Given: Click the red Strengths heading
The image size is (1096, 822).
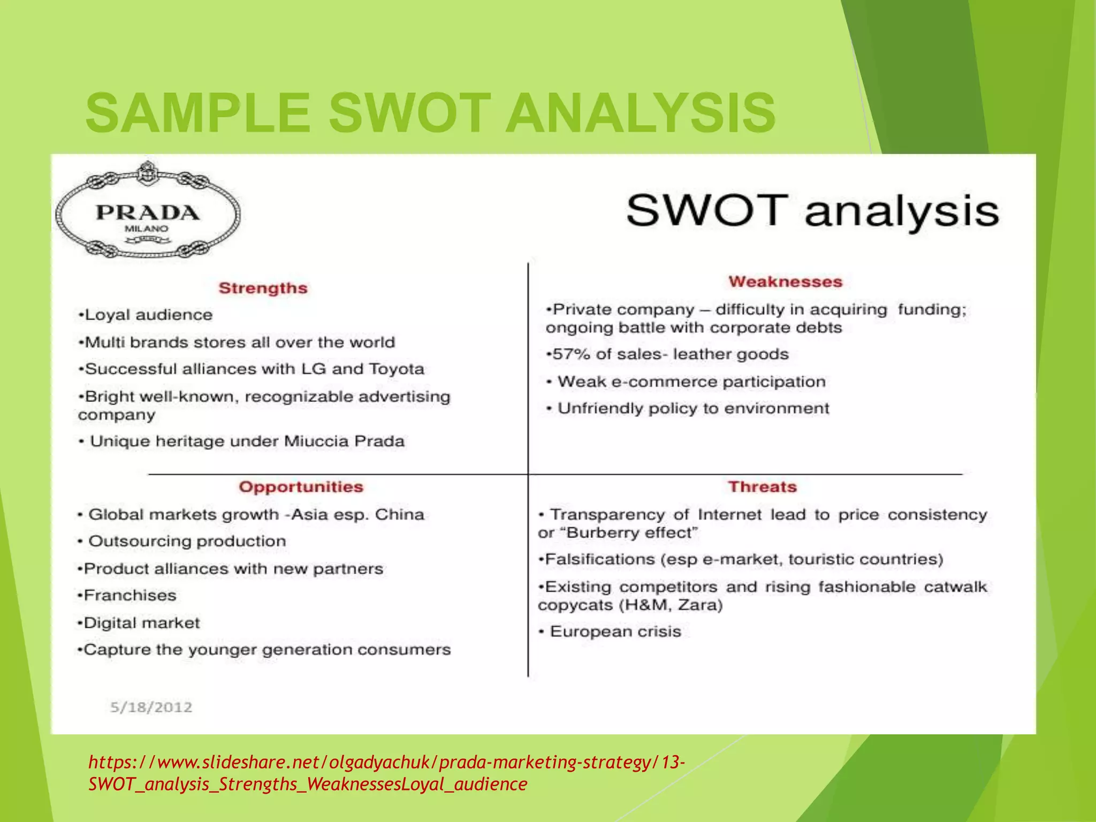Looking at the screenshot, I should pyautogui.click(x=263, y=288).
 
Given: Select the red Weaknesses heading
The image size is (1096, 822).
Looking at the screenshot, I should pyautogui.click(x=785, y=281).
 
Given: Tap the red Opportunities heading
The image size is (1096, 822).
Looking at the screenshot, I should pyautogui.click(x=301, y=487).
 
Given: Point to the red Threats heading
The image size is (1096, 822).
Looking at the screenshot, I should pyautogui.click(x=762, y=487).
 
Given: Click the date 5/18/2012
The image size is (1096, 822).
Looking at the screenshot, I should pyautogui.click(x=151, y=707).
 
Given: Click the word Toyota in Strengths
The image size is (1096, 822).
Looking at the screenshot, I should pyautogui.click(x=397, y=369).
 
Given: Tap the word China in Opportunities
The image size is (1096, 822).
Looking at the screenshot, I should pyautogui.click(x=399, y=514).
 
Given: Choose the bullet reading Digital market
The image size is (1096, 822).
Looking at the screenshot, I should pyautogui.click(x=139, y=623).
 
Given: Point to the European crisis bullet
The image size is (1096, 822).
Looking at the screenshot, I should pyautogui.click(x=611, y=631).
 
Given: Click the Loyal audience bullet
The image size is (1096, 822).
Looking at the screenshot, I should pyautogui.click(x=146, y=315).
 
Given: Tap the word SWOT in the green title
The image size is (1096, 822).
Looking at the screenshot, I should pyautogui.click(x=409, y=113).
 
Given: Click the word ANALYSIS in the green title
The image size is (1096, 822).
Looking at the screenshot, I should pyautogui.click(x=640, y=113).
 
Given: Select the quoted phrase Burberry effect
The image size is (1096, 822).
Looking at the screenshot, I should pyautogui.click(x=631, y=533).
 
